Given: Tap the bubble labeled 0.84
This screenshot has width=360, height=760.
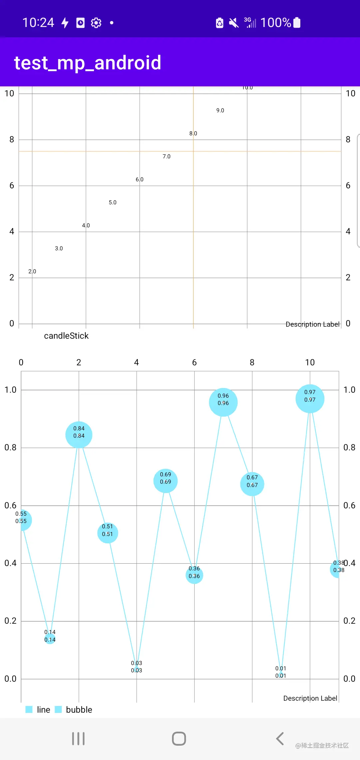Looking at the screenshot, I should point(79,435).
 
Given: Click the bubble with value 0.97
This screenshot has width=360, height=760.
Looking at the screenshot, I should point(310,399).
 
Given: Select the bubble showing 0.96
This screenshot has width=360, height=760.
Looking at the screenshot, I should point(223,402).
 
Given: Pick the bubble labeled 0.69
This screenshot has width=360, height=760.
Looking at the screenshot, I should point(165,481).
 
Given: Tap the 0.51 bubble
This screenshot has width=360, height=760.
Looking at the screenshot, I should point(107,533).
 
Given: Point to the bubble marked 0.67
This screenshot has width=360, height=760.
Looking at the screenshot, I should point(252,484).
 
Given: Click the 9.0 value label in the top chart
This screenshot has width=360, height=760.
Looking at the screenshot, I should point(220,110).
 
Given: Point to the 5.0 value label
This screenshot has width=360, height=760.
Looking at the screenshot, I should point(113,202).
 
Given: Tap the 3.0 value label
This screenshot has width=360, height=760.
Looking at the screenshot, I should point(59,248).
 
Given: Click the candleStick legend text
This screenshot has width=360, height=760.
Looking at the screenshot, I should point(66,336).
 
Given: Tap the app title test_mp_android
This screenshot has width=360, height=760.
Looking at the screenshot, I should point(88,63).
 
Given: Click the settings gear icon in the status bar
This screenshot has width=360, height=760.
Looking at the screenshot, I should point(96,23).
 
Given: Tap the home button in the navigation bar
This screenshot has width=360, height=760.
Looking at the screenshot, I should point(179,739).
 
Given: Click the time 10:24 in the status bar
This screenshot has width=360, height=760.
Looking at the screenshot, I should point(38,23).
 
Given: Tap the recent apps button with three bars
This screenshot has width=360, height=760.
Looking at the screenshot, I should point(78,739).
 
